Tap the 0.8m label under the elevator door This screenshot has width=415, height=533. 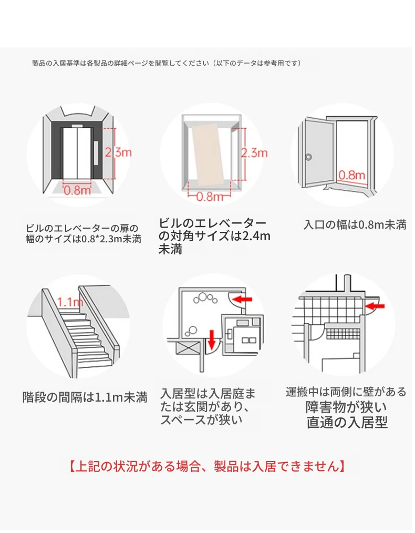tap(78, 190)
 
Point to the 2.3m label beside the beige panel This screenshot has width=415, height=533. tap(254, 153)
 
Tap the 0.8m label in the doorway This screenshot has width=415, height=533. tap(352, 174)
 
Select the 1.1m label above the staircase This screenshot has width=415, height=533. tap(69, 302)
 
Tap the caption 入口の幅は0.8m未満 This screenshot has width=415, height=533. tap(355, 225)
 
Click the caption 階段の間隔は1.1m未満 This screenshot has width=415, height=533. tap(85, 397)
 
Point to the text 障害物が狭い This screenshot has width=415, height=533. tap(346, 407)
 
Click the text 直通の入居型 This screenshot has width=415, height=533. tap(347, 423)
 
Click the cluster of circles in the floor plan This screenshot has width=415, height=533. tap(204, 299)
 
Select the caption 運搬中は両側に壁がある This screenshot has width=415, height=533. tap(346, 392)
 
